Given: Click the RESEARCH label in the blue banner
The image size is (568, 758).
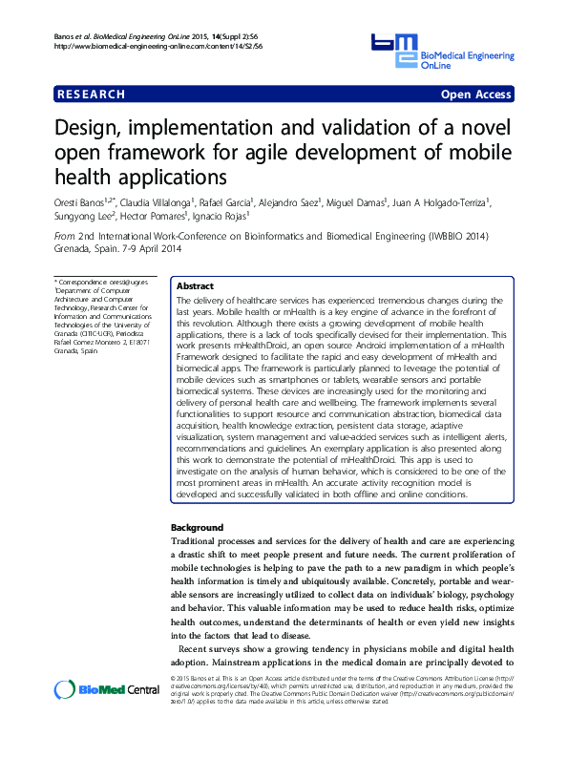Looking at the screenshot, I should pos(92,95).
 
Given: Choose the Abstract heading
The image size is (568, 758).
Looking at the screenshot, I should pos(196,285).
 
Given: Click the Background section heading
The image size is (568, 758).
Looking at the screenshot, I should pos(197,528).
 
